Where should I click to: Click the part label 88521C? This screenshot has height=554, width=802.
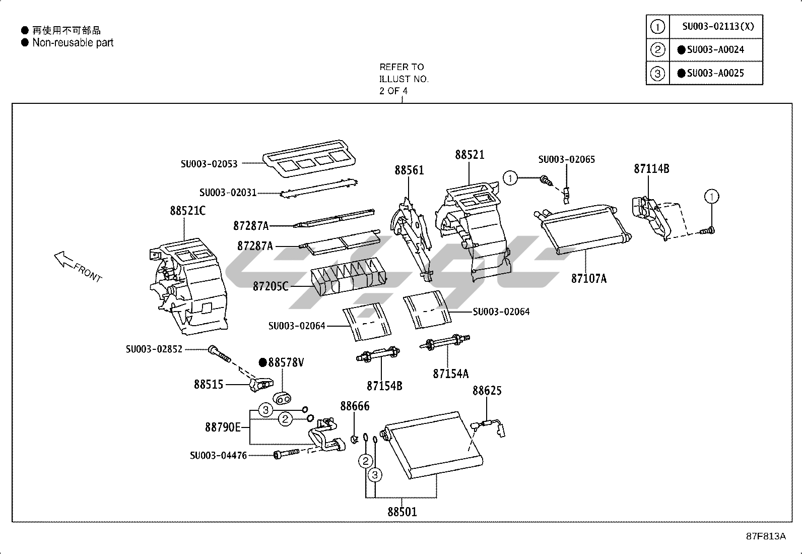click(x=187, y=211)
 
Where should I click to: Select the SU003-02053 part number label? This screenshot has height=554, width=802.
click(x=209, y=163)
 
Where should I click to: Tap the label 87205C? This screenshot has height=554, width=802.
click(x=271, y=286)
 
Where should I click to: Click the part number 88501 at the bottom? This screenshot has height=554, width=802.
click(x=402, y=512)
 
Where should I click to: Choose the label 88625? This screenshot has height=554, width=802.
click(x=487, y=391)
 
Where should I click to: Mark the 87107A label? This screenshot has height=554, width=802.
click(x=588, y=278)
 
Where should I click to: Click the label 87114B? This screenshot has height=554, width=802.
click(x=651, y=169)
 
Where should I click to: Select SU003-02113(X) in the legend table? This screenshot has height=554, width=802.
click(x=718, y=26)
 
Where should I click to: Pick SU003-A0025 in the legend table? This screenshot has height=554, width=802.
click(x=715, y=73)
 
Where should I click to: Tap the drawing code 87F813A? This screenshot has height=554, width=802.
click(x=766, y=536)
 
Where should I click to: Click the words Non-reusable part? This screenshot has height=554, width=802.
click(x=73, y=43)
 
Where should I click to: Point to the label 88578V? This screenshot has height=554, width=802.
click(x=285, y=362)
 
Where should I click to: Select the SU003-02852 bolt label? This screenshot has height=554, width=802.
click(x=154, y=349)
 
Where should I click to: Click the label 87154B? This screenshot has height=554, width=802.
click(x=384, y=386)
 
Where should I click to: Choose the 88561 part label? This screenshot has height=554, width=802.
click(x=409, y=170)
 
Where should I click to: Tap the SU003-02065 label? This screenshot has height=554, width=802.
click(x=566, y=159)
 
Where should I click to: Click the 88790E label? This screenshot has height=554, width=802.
click(x=223, y=427)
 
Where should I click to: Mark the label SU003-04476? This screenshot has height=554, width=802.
click(x=218, y=455)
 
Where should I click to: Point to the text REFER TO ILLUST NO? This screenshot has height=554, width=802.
click(x=404, y=73)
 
